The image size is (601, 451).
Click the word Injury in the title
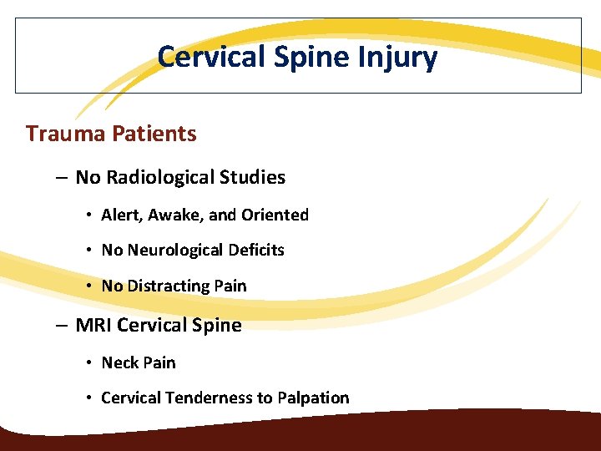click(397, 57)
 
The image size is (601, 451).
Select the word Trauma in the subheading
click(63, 134)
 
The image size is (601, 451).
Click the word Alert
click(120, 215)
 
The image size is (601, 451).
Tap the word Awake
click(174, 215)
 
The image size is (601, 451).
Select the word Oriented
click(275, 215)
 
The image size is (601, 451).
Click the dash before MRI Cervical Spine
click(63, 326)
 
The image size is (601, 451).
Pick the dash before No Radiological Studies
click(63, 178)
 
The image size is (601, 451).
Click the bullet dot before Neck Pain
click(88, 363)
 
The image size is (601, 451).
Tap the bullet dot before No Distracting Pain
click(88, 286)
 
